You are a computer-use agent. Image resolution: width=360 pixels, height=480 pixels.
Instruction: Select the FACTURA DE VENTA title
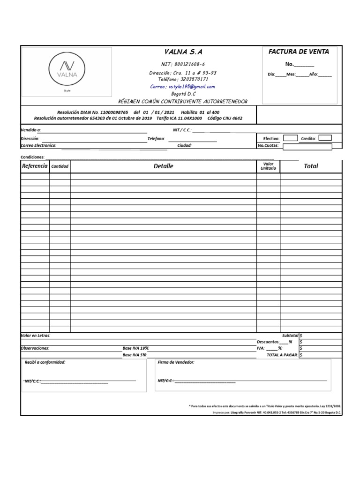(x=299, y=52)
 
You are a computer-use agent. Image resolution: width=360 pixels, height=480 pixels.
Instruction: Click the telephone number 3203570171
(x=183, y=80)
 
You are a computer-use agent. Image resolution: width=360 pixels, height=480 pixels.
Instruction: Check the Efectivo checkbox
(x=291, y=138)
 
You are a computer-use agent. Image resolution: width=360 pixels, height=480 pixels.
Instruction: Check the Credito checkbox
(x=325, y=138)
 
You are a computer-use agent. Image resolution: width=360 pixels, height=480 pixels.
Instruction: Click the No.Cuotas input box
(x=307, y=146)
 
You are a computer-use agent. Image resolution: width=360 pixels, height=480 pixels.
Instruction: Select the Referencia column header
(x=35, y=166)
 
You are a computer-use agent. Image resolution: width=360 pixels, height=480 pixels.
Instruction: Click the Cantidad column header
(x=60, y=166)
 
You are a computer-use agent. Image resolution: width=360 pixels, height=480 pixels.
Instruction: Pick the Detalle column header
(x=163, y=166)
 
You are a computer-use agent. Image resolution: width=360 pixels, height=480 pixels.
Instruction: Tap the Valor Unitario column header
(x=268, y=166)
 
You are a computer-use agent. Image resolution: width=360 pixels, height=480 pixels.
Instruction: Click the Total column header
(x=311, y=166)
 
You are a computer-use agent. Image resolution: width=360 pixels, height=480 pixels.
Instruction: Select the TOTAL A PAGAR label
(x=282, y=355)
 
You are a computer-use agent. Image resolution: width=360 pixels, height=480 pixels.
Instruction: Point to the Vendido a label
(x=31, y=130)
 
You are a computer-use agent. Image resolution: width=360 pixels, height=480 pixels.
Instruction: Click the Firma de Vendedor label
(x=176, y=362)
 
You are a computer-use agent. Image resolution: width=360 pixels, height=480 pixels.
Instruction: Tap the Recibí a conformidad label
(x=45, y=362)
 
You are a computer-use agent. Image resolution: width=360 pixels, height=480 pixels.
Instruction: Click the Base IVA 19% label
(x=136, y=348)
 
